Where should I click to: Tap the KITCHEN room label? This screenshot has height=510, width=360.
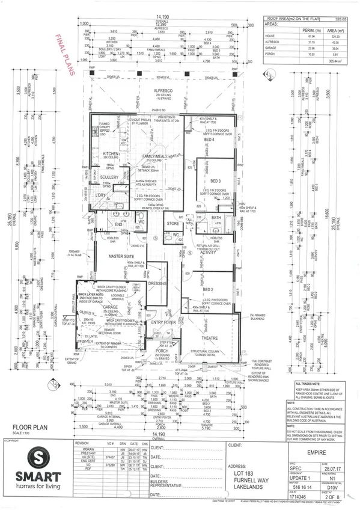tap(112, 153)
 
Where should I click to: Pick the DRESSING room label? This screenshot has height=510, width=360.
tap(157, 283)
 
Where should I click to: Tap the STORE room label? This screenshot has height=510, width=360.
tap(174, 224)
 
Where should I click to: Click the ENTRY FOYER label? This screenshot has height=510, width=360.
tap(163, 322)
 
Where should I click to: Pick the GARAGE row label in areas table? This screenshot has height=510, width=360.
tap(270, 48)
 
